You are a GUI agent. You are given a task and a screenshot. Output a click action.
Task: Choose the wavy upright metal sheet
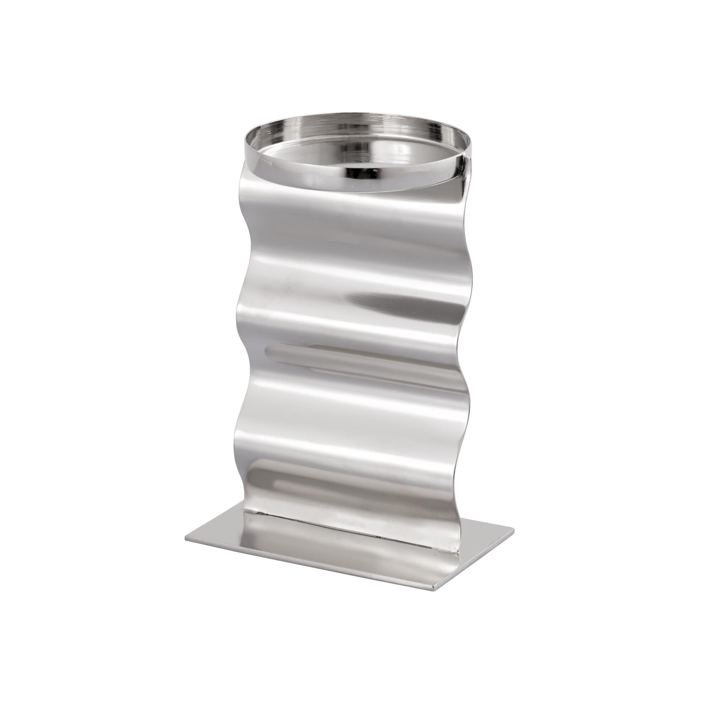pos(349,404)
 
